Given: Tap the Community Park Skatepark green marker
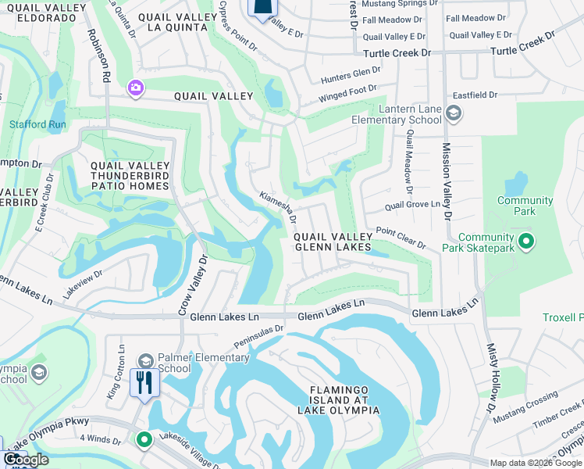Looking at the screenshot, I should (526, 242).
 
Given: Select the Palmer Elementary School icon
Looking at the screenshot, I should (145, 360).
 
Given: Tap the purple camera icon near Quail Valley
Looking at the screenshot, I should (136, 88).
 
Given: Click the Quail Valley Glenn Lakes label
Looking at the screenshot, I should (332, 242).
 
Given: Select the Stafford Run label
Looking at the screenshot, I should (37, 124).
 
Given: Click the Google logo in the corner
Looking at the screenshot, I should (27, 460).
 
